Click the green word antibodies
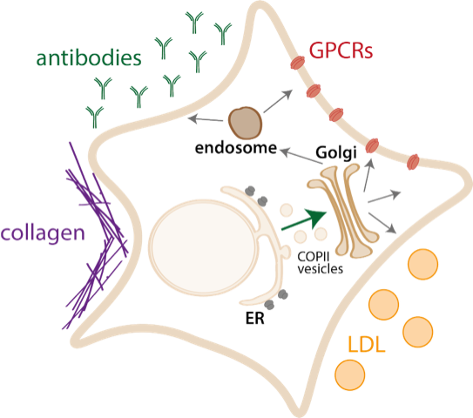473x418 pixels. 87,60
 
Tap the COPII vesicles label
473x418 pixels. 315,262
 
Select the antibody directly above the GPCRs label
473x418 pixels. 226,32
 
